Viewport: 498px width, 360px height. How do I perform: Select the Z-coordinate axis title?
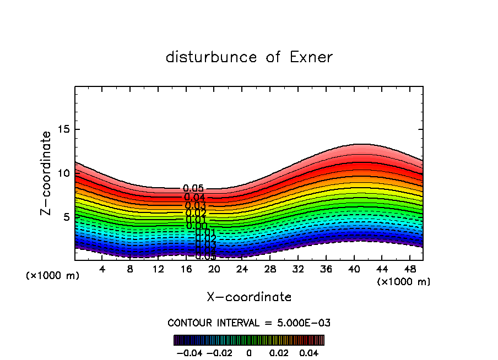(x=47, y=173)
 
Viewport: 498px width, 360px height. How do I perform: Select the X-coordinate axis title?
(x=249, y=297)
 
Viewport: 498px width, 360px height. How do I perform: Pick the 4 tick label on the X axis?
(x=102, y=270)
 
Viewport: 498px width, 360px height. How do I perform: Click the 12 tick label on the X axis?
(x=158, y=270)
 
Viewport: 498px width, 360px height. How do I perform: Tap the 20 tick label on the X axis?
(x=214, y=270)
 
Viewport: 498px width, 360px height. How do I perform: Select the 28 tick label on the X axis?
(x=270, y=270)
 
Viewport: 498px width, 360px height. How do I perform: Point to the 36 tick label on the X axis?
(x=326, y=270)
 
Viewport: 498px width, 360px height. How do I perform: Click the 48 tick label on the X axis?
(x=409, y=270)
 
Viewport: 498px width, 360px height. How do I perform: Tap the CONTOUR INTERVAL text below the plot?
(x=249, y=323)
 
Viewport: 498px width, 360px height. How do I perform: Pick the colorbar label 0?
(x=249, y=352)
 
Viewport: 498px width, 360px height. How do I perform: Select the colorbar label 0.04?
(x=310, y=352)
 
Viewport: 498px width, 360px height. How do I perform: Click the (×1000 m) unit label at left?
(x=53, y=276)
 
